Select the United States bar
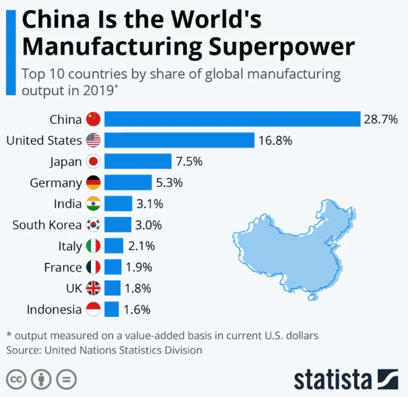[x=179, y=140]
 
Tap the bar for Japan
[x=138, y=162]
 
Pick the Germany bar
[x=128, y=183]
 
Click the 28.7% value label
[x=382, y=119]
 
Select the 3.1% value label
[x=149, y=204]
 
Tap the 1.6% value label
[x=137, y=309]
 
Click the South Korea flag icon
[x=93, y=224]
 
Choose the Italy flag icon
[x=93, y=246]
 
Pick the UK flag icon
[x=93, y=288]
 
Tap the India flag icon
[x=93, y=204]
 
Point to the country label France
[x=63, y=267]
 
